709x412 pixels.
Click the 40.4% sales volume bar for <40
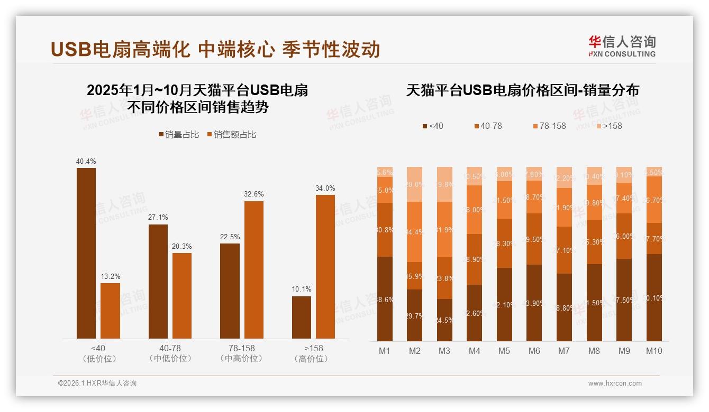point(86,253)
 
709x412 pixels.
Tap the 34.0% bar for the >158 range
point(325,267)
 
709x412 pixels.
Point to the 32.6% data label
point(254,194)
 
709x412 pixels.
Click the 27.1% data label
point(158,218)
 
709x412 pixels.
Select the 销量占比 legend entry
point(179,135)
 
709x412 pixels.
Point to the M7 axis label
point(564,351)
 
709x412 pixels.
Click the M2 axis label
point(414,351)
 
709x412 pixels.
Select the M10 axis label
point(654,351)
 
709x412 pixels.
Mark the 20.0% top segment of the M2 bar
point(415,184)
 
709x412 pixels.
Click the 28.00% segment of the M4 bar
point(475,210)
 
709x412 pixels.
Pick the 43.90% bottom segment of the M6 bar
point(534,303)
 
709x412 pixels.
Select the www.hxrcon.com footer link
point(615,383)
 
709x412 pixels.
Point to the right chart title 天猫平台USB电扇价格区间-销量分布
point(523,90)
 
